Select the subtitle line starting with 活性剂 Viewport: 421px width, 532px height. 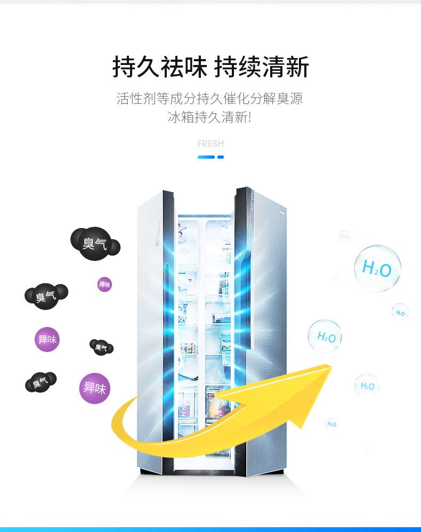[x=210, y=99]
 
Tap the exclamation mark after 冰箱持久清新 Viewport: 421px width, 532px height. [x=249, y=117]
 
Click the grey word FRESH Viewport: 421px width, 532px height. [x=210, y=144]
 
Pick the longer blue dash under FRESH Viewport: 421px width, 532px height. [x=206, y=157]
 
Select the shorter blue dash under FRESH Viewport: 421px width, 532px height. [x=221, y=157]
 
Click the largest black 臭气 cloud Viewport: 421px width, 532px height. [x=93, y=243]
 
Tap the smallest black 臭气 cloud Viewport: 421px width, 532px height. [x=101, y=347]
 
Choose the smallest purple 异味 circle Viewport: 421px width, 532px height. [x=104, y=284]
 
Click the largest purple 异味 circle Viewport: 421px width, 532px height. [x=95, y=388]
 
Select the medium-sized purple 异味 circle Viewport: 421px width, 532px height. [x=47, y=339]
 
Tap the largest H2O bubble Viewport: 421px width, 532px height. [x=377, y=268]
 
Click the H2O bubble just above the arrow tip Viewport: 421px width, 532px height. [x=325, y=337]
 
